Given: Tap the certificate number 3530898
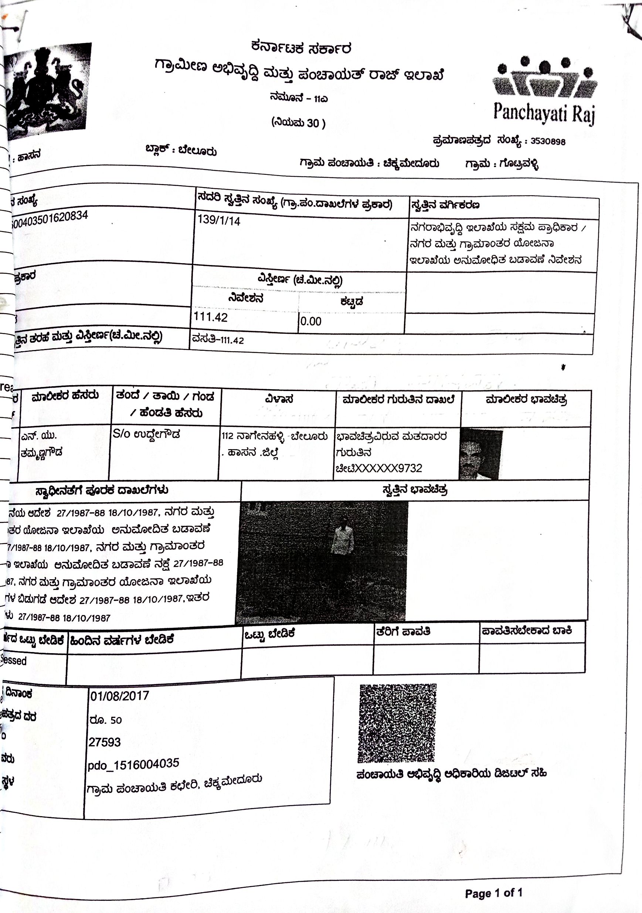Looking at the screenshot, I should [548, 142].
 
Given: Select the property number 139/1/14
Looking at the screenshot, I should [219, 220].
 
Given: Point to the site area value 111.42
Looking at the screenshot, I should [210, 317].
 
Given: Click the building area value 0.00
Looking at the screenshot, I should [310, 321].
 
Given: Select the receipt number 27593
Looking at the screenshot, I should [105, 742].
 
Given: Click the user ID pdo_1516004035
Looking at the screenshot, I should [133, 764].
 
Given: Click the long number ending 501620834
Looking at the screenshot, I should [50, 220].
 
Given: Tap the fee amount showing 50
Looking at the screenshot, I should [116, 720].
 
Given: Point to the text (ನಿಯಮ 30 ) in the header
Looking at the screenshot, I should [298, 123].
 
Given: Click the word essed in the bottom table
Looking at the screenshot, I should [15, 661].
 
